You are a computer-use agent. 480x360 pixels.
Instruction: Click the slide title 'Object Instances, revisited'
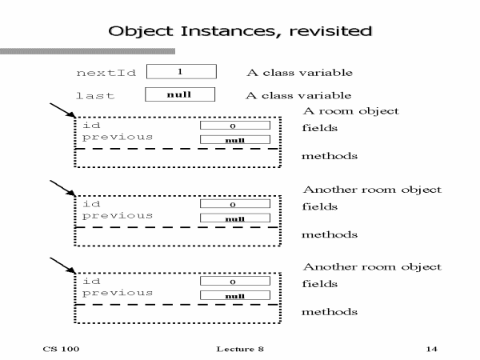pos(241,32)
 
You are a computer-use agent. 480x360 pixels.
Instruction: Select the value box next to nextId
pos(181,72)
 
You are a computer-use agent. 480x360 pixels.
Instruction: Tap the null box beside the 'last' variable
pos(180,94)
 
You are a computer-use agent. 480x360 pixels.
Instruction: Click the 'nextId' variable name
pos(106,74)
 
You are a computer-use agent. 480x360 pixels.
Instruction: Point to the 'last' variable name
pos(95,96)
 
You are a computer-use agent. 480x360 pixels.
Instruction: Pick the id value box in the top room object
pos(233,126)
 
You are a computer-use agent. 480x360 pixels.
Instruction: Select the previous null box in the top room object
pos(233,140)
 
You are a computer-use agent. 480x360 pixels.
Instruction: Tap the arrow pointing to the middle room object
pos(62,190)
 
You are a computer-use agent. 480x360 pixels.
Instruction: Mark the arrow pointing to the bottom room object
pos(62,267)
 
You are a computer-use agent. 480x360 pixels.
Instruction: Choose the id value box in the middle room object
pos(233,204)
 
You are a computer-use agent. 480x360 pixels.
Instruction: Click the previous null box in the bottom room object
pos(233,296)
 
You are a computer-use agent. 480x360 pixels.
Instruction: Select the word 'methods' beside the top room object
pos(329,156)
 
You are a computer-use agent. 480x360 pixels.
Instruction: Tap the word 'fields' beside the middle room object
pos(320,206)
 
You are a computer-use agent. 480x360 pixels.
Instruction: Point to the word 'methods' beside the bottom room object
pos(329,312)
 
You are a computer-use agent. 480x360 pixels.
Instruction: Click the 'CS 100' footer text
pos(61,350)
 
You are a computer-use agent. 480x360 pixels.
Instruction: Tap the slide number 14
pos(432,350)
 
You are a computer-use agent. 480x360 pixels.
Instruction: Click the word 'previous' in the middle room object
pos(118,216)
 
